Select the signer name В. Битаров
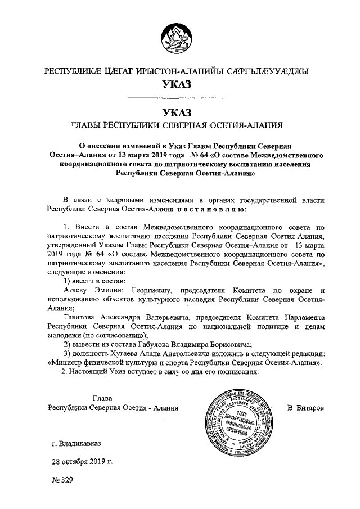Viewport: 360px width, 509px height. tap(305, 407)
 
